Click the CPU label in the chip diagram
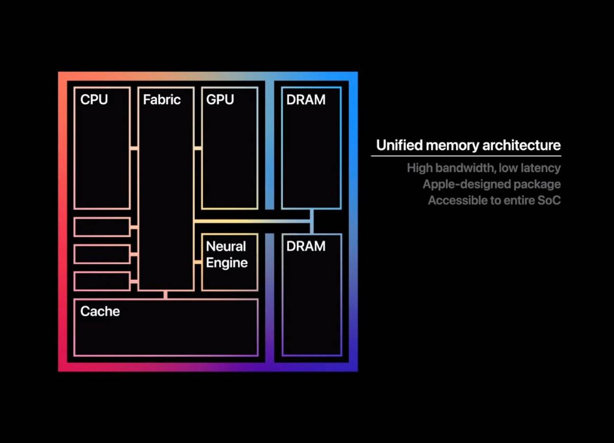coord(94,99)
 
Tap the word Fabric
coord(162,99)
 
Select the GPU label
coord(220,99)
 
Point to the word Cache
coord(100,311)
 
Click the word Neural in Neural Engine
coord(226,247)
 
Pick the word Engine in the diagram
coord(227,263)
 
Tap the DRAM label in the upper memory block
coord(306,100)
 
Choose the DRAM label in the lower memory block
coord(306,247)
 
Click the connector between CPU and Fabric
coord(134,148)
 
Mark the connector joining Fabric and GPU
coord(198,148)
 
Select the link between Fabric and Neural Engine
coord(198,262)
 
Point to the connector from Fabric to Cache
coord(165,295)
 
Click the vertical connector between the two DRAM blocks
coord(311,221)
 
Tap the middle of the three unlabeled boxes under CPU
coord(102,254)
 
